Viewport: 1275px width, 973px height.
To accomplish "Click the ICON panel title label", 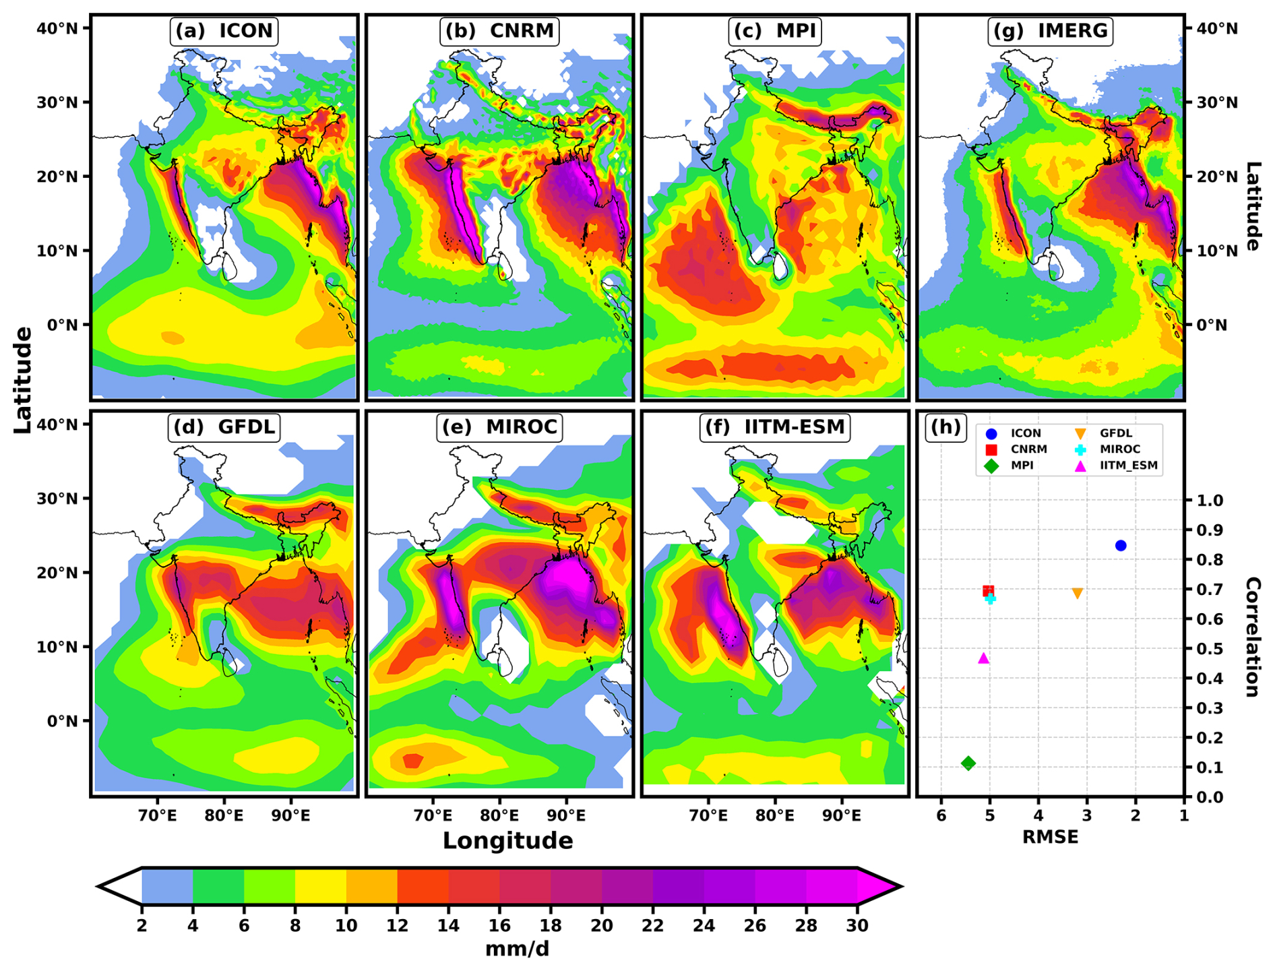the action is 224,31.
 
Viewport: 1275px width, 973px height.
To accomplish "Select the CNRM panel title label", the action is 499,31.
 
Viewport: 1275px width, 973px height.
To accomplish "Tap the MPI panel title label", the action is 775,31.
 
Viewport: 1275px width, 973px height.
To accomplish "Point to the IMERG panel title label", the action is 1050,31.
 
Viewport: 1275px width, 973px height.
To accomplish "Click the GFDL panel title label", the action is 224,427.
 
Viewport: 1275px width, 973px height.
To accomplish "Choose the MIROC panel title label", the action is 499,427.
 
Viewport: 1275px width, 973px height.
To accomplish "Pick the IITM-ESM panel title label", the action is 775,427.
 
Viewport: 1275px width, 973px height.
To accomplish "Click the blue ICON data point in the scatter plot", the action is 1121,546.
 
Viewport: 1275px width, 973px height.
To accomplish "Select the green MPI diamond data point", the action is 968,763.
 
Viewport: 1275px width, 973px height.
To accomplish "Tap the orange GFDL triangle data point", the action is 1078,593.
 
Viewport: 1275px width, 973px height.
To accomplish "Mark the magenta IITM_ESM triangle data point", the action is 983,658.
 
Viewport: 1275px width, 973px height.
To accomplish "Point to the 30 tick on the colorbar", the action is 857,926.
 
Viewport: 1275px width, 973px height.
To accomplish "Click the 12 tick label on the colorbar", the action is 397,926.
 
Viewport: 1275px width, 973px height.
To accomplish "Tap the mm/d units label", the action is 517,949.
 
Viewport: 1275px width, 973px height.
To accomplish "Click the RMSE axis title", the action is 1050,837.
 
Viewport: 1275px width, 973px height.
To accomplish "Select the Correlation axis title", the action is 1253,637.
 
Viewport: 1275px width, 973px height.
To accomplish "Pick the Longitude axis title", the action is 507,841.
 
